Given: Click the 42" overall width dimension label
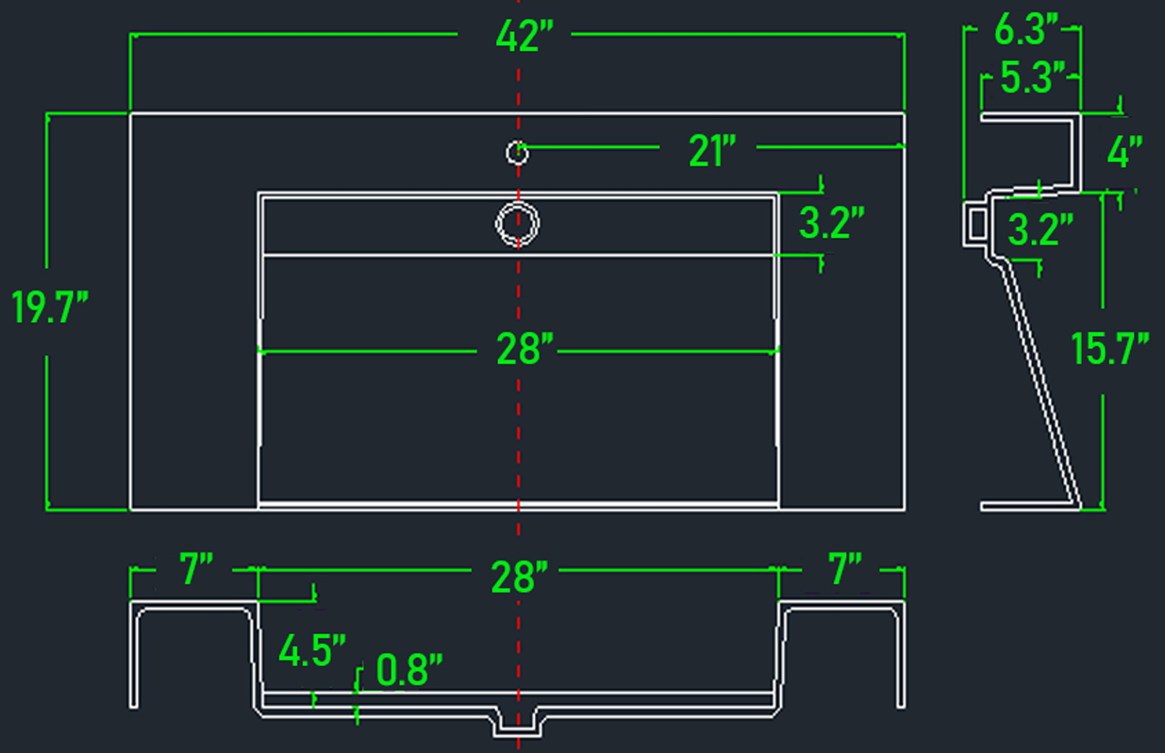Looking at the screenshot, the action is pos(524,37).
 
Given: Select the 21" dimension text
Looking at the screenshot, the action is pos(712,151).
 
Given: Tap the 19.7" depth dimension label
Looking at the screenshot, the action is pos(50,307).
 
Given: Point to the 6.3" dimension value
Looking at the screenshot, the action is pos(1026,29).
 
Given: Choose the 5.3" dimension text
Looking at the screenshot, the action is pos(1033,77).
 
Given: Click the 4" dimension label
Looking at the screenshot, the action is pos(1124,151).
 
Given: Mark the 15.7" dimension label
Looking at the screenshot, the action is pos(1110,348).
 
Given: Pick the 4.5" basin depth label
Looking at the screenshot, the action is pos(312,650).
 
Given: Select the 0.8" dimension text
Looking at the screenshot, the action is pos(409,669).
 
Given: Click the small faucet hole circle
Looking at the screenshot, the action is pos(518,153).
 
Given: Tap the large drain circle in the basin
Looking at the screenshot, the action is pos(518,224).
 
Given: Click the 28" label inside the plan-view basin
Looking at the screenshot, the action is pos(524,348).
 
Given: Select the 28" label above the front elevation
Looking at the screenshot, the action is pos(520,577).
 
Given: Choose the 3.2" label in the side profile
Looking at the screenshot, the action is pos(1040,229).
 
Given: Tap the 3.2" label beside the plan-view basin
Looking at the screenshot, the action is pos(832,223).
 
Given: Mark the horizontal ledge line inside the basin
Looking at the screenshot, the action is pos(519,256).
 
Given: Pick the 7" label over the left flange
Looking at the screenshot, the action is pos(196,568).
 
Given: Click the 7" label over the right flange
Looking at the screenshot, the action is pos(844,568).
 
